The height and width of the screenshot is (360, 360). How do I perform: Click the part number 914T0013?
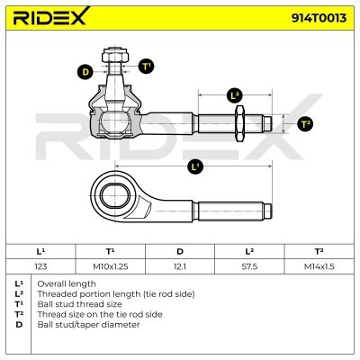316,18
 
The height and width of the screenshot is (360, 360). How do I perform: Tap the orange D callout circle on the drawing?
85,71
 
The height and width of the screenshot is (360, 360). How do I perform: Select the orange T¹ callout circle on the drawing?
146,66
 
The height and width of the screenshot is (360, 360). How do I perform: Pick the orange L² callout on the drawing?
234,94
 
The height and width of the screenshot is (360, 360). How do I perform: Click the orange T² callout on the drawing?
305,123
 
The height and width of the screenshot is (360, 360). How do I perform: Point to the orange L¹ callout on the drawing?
195,166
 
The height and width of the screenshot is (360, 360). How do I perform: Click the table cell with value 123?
40,265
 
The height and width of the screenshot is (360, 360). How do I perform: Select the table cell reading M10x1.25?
110,265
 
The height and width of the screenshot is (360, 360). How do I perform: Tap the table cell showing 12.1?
180,265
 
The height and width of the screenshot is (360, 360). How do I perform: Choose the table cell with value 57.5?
250,265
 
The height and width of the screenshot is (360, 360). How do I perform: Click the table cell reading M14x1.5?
319,265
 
